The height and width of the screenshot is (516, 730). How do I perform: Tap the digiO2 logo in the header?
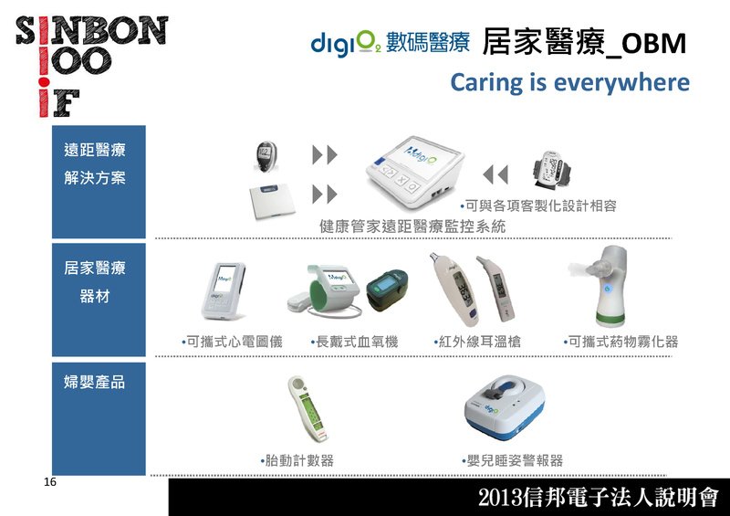pos(346,43)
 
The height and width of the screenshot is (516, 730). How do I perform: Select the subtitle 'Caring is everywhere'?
pos(569,83)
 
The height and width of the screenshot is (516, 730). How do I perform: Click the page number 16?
pos(50,482)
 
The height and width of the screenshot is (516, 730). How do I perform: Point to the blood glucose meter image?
pos(266,156)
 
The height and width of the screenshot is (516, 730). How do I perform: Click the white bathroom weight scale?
pos(272,199)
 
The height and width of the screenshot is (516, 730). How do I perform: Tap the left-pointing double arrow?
pos(495,174)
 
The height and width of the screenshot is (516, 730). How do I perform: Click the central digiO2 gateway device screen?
pos(414,153)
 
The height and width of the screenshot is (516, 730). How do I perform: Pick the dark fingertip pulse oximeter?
pos(387,289)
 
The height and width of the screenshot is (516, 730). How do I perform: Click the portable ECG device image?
pos(223,290)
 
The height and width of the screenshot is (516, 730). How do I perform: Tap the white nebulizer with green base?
pos(604,285)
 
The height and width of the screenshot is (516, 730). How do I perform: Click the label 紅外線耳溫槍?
pos(479,342)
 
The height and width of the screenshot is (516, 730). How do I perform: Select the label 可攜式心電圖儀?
pos(235,342)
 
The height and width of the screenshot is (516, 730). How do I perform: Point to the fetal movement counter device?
pos(308,408)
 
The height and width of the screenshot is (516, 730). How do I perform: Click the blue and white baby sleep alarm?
pos(505,407)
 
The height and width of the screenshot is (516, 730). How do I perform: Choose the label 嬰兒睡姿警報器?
pos(515,460)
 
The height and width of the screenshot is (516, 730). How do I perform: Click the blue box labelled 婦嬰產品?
pos(99,418)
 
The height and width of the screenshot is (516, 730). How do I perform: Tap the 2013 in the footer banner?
pos(500,498)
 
